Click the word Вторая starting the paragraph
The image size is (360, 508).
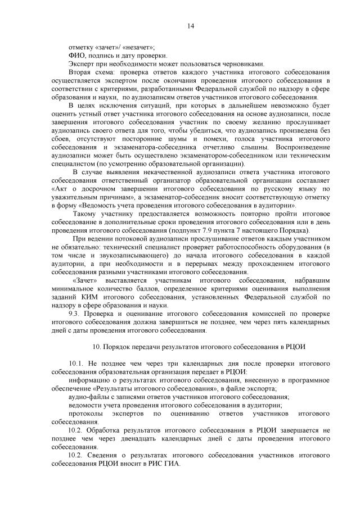coord(80,72)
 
